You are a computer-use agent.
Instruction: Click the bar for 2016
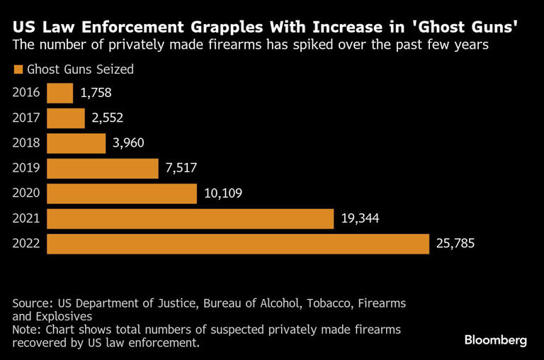pyautogui.click(x=60, y=93)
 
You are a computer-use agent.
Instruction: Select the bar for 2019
pyautogui.click(x=102, y=168)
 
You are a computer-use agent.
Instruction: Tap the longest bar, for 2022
pyautogui.click(x=238, y=243)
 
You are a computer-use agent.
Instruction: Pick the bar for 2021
pyautogui.click(x=190, y=218)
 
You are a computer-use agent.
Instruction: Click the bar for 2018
pyautogui.click(x=76, y=143)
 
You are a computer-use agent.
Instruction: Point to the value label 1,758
pyautogui.click(x=96, y=93)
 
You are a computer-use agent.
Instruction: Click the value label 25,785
pyautogui.click(x=455, y=243)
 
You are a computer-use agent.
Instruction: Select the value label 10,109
pyautogui.click(x=223, y=193)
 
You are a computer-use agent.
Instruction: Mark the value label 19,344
pyautogui.click(x=360, y=218)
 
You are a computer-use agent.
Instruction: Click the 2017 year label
pyautogui.click(x=26, y=118)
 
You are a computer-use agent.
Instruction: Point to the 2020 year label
pyautogui.click(x=26, y=193)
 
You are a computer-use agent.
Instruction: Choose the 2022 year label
pyautogui.click(x=26, y=244)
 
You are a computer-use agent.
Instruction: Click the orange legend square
pyautogui.click(x=18, y=69)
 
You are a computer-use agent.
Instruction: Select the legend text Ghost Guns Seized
pyautogui.click(x=80, y=69)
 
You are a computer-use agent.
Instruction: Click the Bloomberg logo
pyautogui.click(x=495, y=340)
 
